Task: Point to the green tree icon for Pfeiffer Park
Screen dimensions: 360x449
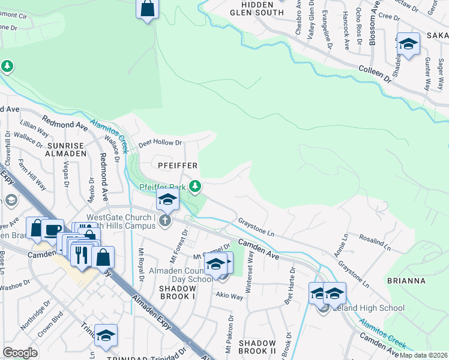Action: tap(194, 187)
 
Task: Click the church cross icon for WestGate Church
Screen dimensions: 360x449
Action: tap(165, 221)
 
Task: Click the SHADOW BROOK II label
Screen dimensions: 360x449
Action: tap(257, 347)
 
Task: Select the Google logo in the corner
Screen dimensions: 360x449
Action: tap(20, 352)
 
